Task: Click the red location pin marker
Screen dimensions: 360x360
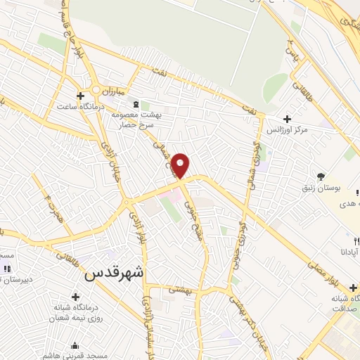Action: pyautogui.click(x=181, y=165)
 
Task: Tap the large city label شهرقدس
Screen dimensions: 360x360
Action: pyautogui.click(x=113, y=275)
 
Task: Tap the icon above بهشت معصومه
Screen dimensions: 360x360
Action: pyautogui.click(x=136, y=102)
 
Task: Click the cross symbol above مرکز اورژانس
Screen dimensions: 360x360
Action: pyautogui.click(x=286, y=119)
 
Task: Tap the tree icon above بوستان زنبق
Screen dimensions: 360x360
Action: pyautogui.click(x=321, y=176)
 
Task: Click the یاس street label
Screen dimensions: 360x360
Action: pyautogui.click(x=289, y=50)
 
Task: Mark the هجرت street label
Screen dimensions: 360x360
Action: pyautogui.click(x=49, y=209)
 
